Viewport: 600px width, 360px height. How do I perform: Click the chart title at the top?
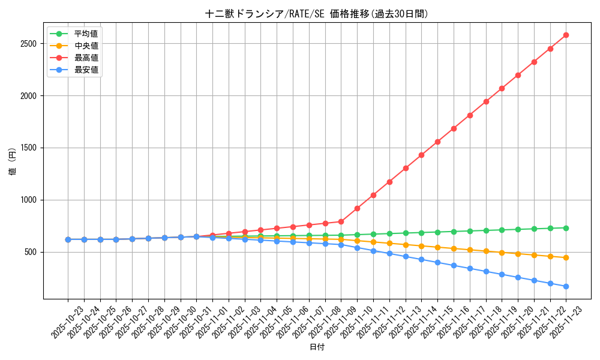[x=316, y=14]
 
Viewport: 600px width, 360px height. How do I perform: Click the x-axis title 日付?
[x=316, y=347]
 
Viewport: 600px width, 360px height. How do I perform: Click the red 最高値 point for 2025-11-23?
[x=566, y=35]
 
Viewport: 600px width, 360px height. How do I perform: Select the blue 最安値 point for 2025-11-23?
[x=566, y=286]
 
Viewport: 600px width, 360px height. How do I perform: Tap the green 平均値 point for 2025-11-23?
[x=566, y=227]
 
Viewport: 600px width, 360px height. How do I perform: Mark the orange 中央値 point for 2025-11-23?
[x=566, y=257]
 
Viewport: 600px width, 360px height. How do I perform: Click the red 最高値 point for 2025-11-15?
[x=437, y=142]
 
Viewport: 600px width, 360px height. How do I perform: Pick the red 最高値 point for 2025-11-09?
[x=357, y=208]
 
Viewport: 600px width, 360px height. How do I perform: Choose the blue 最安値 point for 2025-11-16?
[x=454, y=265]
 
